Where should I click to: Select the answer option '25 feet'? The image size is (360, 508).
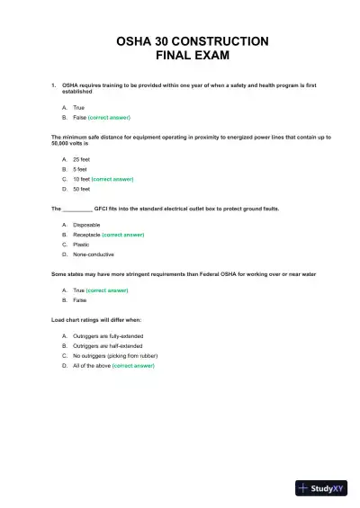pyautogui.click(x=81, y=159)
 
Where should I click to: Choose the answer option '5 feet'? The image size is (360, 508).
pyautogui.click(x=80, y=169)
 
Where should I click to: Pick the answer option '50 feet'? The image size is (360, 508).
pyautogui.click(x=81, y=190)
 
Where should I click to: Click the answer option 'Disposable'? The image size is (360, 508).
pyautogui.click(x=86, y=224)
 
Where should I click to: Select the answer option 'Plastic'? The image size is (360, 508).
pyautogui.click(x=82, y=245)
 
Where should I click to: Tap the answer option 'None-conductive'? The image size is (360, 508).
pyautogui.click(x=92, y=254)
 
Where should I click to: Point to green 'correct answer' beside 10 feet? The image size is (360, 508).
pyautogui.click(x=112, y=179)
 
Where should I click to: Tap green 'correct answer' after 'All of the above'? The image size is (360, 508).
pyautogui.click(x=133, y=366)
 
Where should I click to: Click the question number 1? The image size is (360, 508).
pyautogui.click(x=53, y=85)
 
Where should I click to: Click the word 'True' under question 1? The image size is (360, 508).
pyautogui.click(x=78, y=107)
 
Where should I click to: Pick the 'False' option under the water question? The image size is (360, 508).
pyautogui.click(x=79, y=300)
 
